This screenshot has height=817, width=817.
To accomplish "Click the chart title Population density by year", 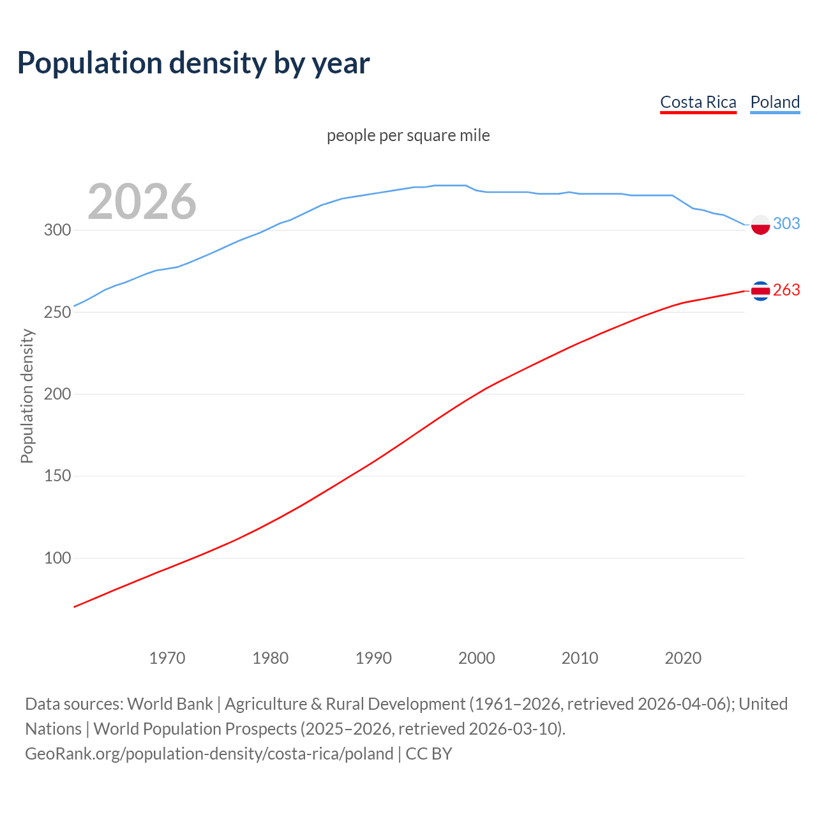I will (193, 63).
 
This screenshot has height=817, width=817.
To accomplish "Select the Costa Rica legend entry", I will (698, 102).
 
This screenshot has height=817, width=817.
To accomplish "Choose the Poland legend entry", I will (775, 102).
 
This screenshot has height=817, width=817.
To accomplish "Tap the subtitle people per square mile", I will (408, 135).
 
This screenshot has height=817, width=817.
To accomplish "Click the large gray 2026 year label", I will (142, 202).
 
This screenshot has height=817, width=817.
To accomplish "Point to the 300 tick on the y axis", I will (57, 230).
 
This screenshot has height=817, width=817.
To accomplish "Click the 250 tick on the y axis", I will (57, 312).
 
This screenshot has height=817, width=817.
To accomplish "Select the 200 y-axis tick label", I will (57, 394).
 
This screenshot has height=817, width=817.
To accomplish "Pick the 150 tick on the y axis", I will (57, 476).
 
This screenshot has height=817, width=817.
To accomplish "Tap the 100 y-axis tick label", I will (57, 558).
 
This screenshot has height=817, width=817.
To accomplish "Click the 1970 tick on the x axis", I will (167, 658).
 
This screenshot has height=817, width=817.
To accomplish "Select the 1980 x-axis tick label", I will (271, 658).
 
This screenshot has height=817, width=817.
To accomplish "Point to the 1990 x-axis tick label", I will (373, 658).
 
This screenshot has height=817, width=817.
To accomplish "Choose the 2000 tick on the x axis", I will (477, 658).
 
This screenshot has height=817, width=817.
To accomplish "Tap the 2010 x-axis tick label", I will (580, 658).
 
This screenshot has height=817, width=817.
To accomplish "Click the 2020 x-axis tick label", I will (683, 658).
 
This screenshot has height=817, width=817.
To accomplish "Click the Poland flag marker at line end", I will (760, 225).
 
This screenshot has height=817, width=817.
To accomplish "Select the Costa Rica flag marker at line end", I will (760, 290).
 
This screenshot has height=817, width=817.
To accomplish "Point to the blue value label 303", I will (786, 223).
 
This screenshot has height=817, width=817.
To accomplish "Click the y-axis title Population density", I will (27, 396).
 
